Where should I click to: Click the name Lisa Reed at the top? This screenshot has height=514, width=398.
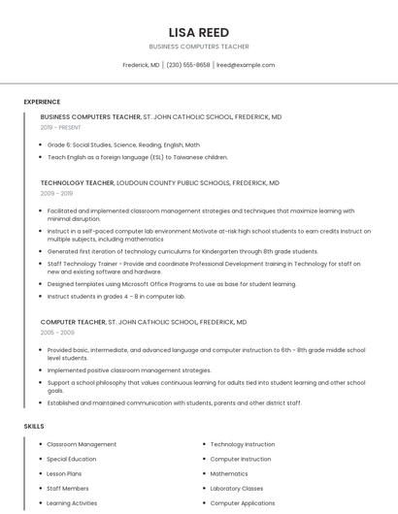(x=199, y=32)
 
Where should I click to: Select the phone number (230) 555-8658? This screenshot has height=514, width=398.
(x=188, y=65)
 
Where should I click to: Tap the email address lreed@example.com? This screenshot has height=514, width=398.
(x=246, y=65)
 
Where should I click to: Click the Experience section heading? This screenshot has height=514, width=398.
(x=42, y=102)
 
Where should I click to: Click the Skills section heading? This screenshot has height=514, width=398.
(x=34, y=426)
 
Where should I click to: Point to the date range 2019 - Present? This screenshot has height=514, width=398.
(x=61, y=127)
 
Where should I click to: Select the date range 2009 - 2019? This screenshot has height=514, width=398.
(x=56, y=193)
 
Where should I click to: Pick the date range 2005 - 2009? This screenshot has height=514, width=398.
(x=56, y=332)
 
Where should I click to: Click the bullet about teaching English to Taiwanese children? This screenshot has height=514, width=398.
(x=138, y=156)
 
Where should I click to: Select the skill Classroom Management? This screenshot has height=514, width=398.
(x=82, y=444)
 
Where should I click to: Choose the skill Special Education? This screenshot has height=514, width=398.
(x=72, y=459)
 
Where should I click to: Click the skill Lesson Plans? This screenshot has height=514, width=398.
(x=65, y=473)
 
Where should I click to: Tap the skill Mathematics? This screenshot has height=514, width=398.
(x=229, y=473)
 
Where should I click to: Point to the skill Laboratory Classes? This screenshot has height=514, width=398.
(x=237, y=489)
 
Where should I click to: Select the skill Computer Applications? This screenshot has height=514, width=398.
(x=243, y=503)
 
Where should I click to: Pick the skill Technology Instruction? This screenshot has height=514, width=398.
(x=243, y=444)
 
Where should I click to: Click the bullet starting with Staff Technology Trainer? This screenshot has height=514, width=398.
(x=203, y=267)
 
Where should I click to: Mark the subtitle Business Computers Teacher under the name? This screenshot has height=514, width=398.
(x=199, y=47)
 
